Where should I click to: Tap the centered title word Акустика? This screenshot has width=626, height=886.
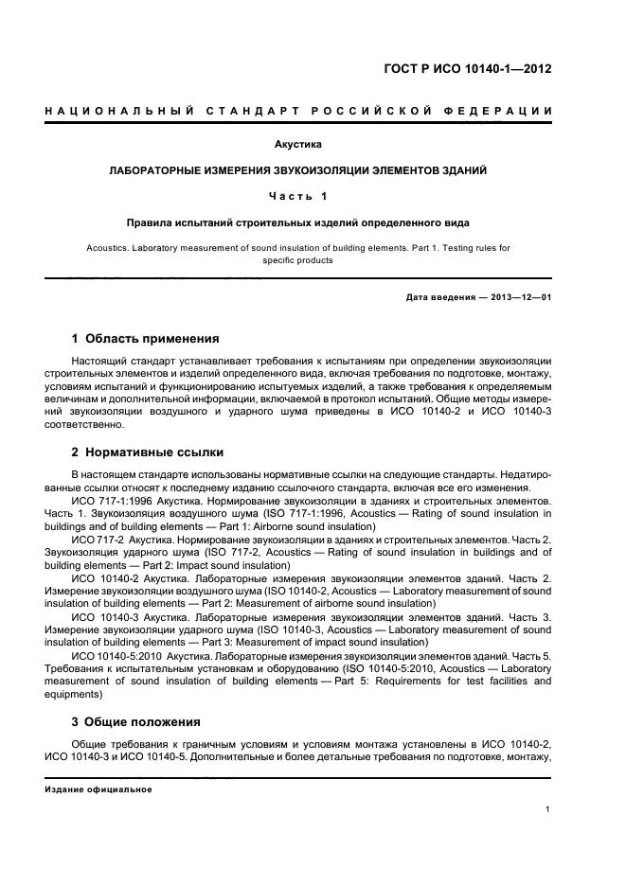pos(298,145)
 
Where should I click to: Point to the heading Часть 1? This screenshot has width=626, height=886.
pos(297,196)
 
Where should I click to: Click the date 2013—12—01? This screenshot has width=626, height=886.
pos(518,297)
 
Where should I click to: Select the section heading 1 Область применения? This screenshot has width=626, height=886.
pos(146,338)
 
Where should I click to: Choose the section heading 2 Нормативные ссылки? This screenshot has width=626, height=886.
pos(148,452)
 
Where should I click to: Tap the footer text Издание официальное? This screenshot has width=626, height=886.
pos(98,789)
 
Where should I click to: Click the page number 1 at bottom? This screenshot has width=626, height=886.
pos(548,808)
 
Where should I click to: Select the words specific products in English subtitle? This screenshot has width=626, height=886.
pos(297,260)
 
